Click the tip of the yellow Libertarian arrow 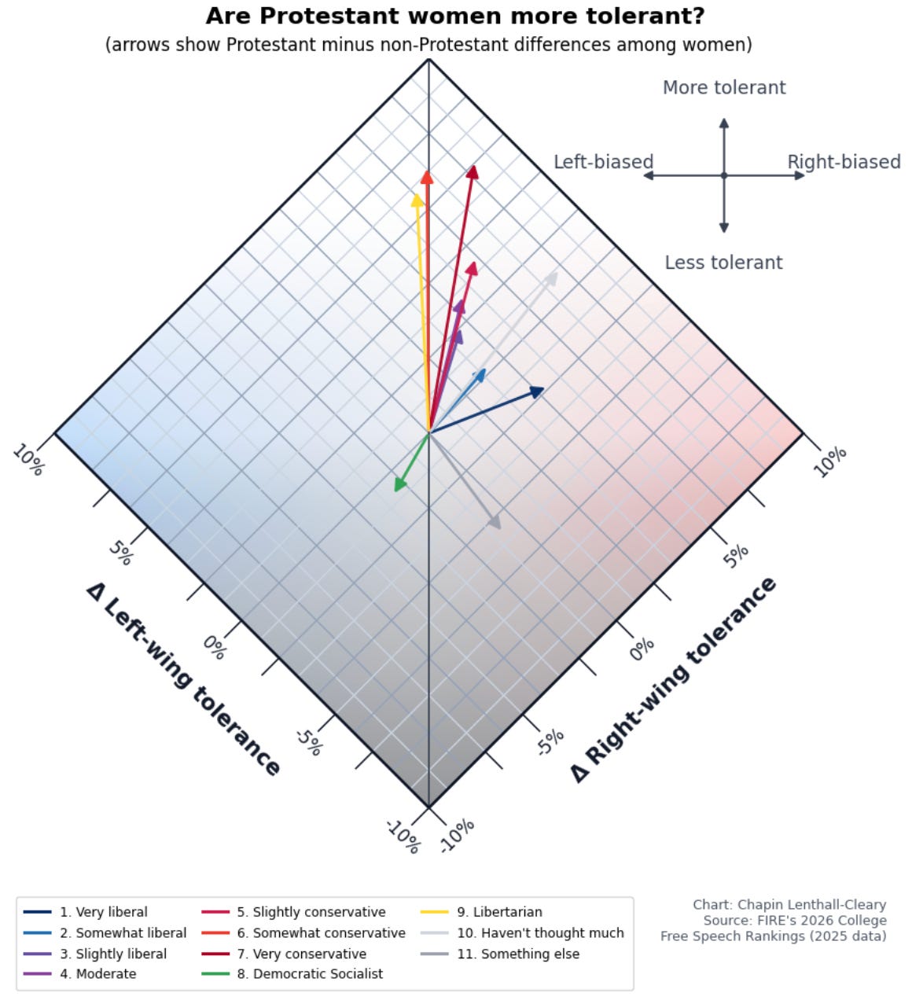tap(417, 194)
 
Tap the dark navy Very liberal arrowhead tap(537, 392)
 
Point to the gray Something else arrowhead tap(495, 522)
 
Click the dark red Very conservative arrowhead tap(473, 172)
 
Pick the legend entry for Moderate tap(79, 973)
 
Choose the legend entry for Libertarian tap(481, 912)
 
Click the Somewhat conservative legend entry tap(303, 932)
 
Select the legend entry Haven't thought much tap(522, 932)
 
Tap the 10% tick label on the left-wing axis tap(29, 460)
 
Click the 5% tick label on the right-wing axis tap(736, 556)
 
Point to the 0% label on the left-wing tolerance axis tap(215, 648)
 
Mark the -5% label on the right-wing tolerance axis tap(550, 742)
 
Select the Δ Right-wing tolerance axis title tap(673, 680)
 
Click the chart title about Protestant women tap(455, 16)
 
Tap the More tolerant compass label tap(724, 88)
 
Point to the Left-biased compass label tap(603, 162)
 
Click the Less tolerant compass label tap(723, 263)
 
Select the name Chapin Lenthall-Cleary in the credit tap(812, 905)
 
